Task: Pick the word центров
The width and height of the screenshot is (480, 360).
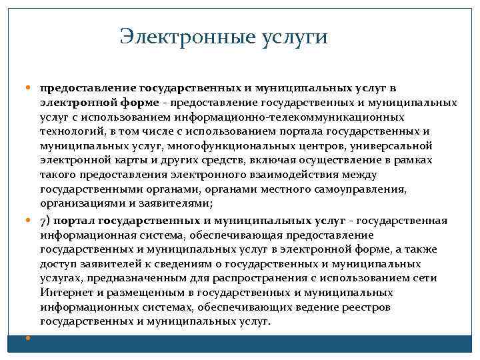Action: point(309,146)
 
